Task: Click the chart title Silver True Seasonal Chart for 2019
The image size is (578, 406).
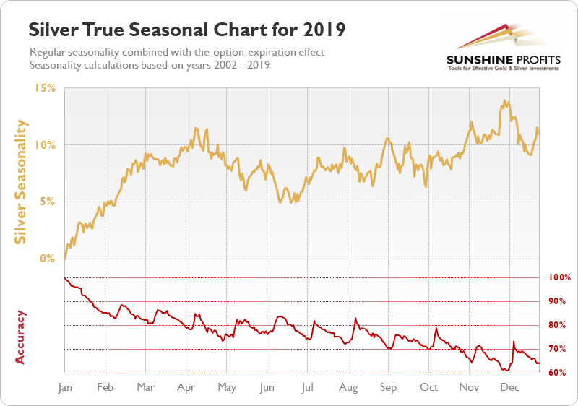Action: (186, 30)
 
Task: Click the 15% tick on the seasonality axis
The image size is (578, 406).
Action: (45, 88)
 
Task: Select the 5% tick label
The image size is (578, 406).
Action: (48, 202)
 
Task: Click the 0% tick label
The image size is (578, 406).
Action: (48, 258)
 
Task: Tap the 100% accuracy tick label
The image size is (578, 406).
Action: (560, 277)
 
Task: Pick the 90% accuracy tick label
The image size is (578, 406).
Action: (558, 301)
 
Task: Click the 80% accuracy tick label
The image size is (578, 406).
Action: (558, 325)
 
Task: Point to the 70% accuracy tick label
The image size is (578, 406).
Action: (558, 349)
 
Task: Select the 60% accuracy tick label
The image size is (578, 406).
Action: (558, 373)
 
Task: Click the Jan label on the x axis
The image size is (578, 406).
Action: (65, 388)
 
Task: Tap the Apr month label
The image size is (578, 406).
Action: (186, 388)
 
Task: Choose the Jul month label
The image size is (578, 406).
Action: (308, 388)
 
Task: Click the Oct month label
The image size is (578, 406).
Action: (429, 388)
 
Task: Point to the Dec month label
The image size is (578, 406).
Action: (510, 388)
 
